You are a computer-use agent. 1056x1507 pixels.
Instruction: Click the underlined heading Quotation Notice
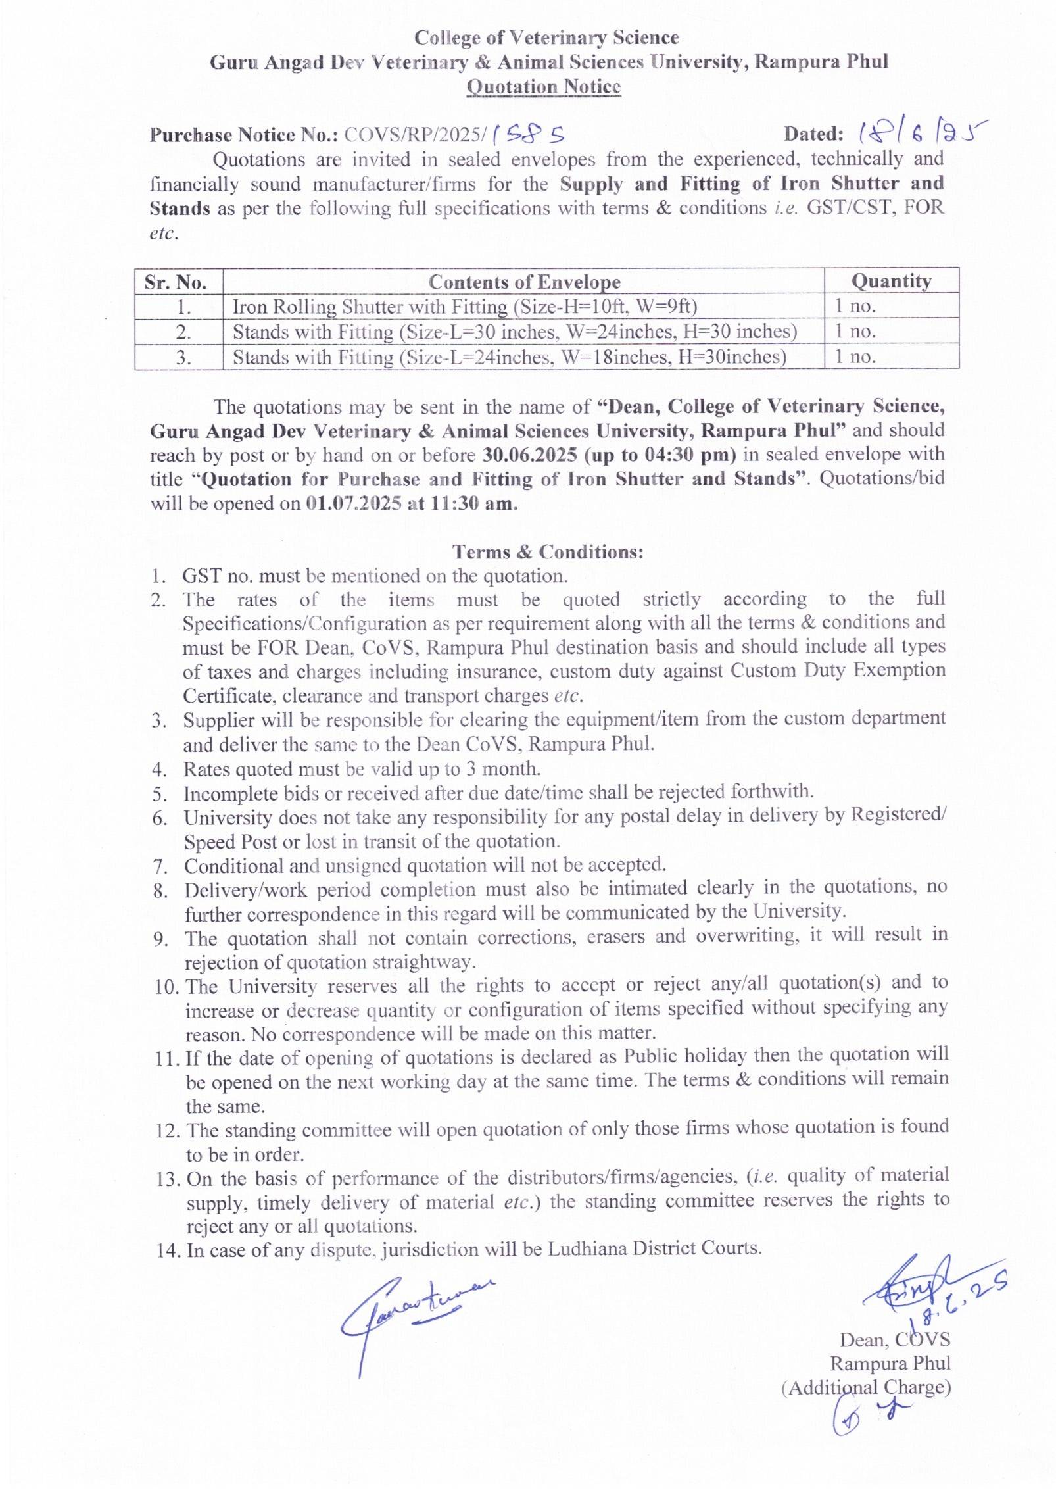pyautogui.click(x=543, y=87)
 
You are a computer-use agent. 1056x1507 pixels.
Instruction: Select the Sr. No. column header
pyautogui.click(x=176, y=283)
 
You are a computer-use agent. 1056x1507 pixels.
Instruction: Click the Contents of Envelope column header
pyautogui.click(x=524, y=282)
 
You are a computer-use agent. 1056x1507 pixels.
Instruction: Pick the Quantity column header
pyautogui.click(x=891, y=281)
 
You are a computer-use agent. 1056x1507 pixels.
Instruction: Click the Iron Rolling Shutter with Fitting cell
pyautogui.click(x=465, y=307)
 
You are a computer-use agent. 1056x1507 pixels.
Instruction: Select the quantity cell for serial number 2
pyautogui.click(x=855, y=332)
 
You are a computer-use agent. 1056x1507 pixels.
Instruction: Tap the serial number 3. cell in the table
pyautogui.click(x=183, y=358)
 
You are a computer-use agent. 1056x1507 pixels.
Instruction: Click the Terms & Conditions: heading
pyautogui.click(x=548, y=551)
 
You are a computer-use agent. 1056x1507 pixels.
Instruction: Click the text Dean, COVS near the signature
pyautogui.click(x=894, y=1340)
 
